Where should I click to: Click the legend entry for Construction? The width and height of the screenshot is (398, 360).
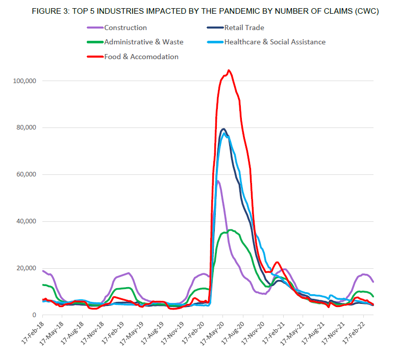[125, 28]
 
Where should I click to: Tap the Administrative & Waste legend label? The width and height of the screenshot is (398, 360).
[143, 42]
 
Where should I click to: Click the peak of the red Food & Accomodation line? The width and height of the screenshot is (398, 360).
[229, 70]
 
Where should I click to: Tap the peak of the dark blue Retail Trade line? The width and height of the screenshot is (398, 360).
[223, 129]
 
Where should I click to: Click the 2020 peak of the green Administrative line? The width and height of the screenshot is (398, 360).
[231, 230]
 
